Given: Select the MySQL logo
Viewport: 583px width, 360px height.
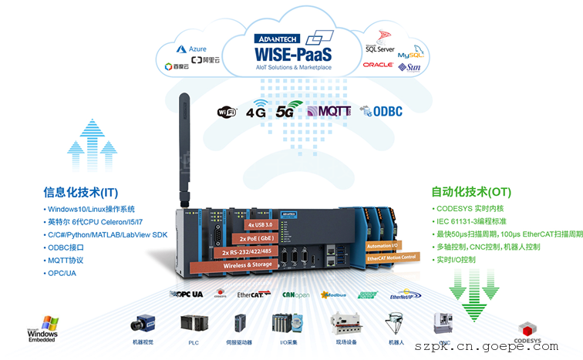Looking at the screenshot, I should click(x=409, y=56).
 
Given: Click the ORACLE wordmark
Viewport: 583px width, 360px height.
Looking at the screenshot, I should click(x=379, y=65).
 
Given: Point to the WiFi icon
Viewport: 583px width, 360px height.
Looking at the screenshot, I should click(x=227, y=112).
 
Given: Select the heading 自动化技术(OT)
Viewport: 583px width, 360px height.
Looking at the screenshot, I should click(x=471, y=192).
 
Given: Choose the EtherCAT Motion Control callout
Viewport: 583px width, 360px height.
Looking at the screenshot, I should click(x=391, y=257).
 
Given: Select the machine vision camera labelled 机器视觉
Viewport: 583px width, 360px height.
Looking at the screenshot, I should click(x=142, y=323).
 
